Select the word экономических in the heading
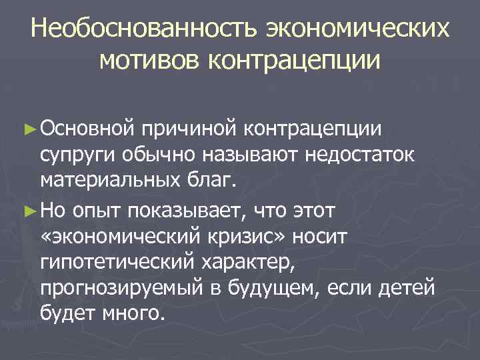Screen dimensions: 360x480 [x=357, y=30]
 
